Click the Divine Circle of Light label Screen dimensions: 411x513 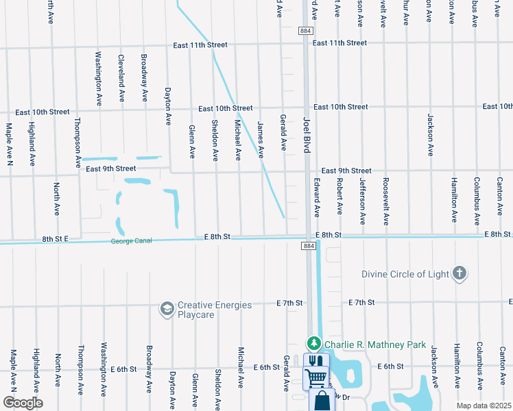click(405, 274)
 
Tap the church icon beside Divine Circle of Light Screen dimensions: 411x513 click(460, 274)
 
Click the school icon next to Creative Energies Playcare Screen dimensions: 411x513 click(167, 310)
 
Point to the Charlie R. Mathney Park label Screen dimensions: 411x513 click(375, 345)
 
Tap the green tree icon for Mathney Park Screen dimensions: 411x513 click(314, 342)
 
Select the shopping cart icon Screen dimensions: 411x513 click(315, 376)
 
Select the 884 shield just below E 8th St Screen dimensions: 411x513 click(309, 246)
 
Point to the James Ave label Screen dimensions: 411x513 click(261, 140)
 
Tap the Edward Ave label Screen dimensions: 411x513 click(317, 198)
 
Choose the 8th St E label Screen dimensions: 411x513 click(56, 239)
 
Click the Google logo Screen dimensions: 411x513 click(23, 403)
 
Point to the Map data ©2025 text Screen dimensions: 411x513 click(484, 406)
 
